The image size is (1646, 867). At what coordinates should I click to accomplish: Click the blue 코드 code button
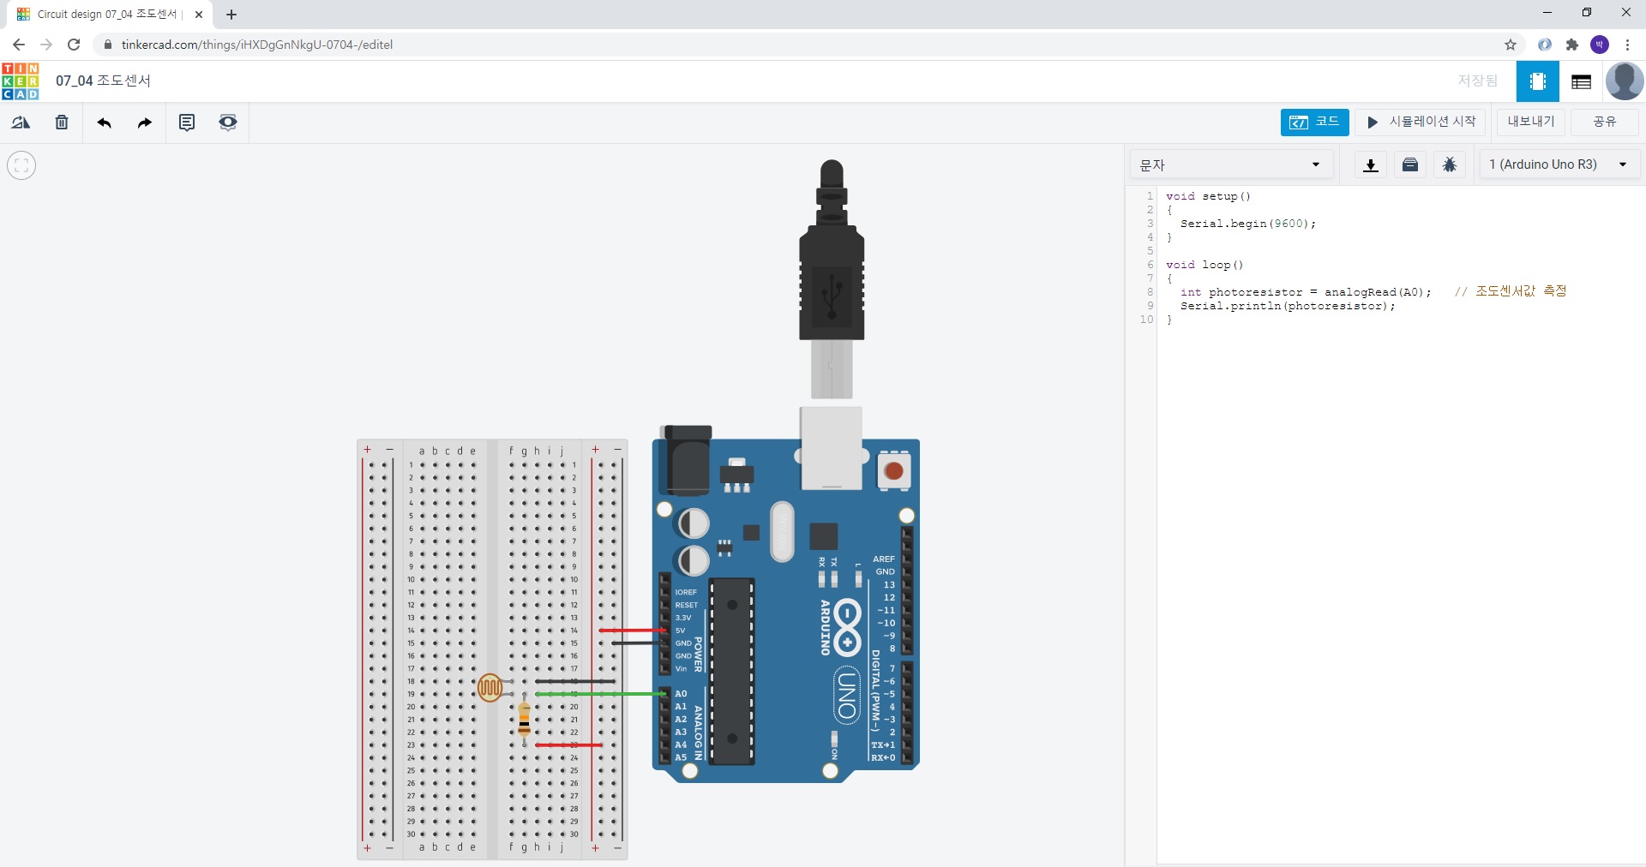click(1314, 123)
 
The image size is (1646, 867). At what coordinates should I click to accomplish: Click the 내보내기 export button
click(1531, 123)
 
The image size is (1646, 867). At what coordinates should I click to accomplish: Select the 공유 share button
click(1604, 123)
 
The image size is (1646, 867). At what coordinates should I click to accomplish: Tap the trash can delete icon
click(62, 123)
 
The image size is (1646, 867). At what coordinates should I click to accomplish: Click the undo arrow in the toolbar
click(104, 123)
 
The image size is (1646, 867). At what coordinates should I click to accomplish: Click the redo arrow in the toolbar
click(145, 123)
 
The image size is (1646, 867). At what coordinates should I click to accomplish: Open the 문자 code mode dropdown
click(1230, 164)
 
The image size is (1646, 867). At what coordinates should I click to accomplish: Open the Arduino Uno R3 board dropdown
click(1559, 164)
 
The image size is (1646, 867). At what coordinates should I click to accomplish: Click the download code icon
click(1371, 164)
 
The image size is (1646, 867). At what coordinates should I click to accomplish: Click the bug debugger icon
click(1450, 164)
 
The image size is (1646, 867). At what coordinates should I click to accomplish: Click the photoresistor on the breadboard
click(490, 687)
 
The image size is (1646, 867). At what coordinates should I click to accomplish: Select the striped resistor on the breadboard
click(525, 721)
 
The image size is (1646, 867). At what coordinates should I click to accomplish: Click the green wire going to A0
click(600, 694)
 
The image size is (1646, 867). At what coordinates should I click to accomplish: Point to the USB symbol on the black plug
click(831, 296)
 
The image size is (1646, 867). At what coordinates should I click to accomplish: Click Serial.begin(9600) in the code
click(1247, 224)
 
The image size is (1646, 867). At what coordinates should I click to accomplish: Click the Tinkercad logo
click(21, 81)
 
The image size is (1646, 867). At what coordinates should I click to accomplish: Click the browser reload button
click(74, 45)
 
